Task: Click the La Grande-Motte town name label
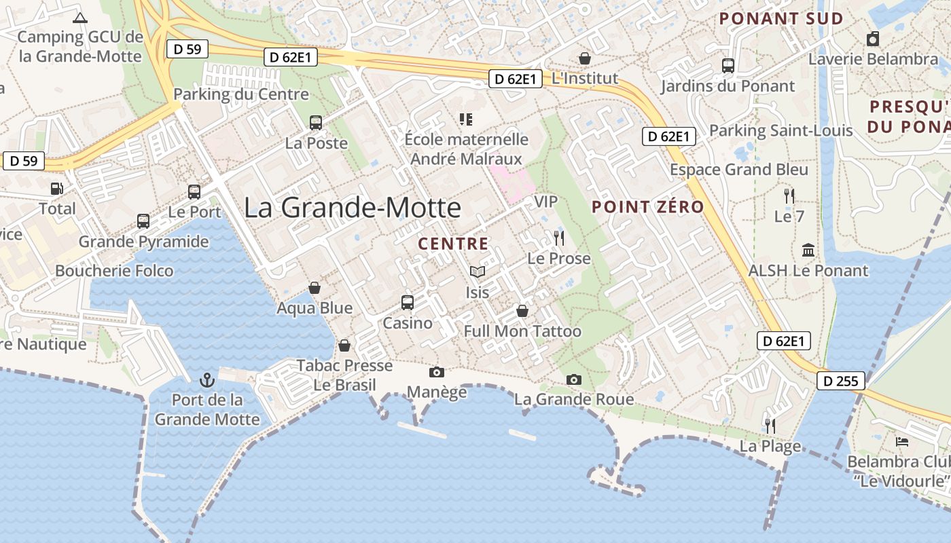(x=353, y=207)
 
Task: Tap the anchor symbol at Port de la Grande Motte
(x=207, y=380)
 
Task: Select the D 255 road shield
(x=840, y=381)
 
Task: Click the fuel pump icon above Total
(x=56, y=189)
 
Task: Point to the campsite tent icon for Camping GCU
(x=79, y=18)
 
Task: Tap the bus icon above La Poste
(x=316, y=123)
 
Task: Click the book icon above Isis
(x=478, y=272)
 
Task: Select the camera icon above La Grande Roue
(x=574, y=379)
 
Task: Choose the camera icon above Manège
(x=437, y=372)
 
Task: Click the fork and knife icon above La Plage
(x=770, y=426)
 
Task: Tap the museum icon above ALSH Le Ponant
(x=808, y=250)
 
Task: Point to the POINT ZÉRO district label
(x=647, y=207)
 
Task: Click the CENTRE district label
(x=453, y=244)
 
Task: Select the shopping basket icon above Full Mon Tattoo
(x=522, y=311)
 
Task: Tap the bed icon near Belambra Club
(x=902, y=442)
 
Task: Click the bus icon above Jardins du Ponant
(x=728, y=66)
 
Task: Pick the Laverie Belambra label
(x=873, y=59)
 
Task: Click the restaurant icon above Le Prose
(x=559, y=238)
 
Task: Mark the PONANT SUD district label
(x=781, y=19)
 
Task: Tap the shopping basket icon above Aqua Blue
(x=315, y=288)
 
